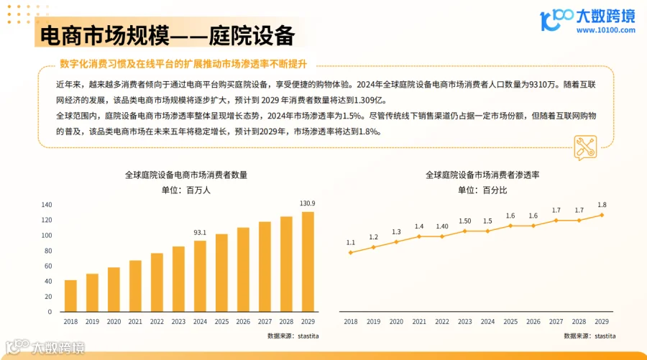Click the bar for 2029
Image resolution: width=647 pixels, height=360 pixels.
coord(307,262)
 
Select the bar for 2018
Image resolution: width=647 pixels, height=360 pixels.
coord(70,295)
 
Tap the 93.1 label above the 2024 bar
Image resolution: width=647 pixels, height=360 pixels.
coord(200,232)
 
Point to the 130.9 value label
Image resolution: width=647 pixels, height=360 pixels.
coord(307,203)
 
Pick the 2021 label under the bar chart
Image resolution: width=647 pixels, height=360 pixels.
coord(135,323)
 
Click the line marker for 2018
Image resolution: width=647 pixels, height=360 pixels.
coord(351,252)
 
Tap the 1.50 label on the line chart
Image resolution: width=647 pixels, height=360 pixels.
coord(465,221)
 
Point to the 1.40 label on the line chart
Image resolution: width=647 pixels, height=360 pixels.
coord(442,226)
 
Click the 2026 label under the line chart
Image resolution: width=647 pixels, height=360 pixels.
coord(533,323)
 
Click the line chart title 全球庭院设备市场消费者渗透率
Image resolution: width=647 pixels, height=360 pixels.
coord(482,175)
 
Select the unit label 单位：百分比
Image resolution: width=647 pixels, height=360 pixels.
coord(482,190)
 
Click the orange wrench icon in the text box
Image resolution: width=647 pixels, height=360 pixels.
coord(584,147)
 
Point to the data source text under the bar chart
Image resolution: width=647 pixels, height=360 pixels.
coord(293,336)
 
